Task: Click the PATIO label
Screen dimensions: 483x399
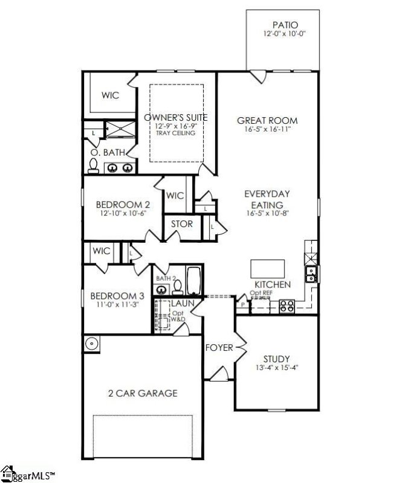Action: pyautogui.click(x=285, y=25)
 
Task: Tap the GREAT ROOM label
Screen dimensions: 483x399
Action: pyautogui.click(x=267, y=120)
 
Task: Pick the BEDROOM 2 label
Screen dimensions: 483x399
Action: pyautogui.click(x=120, y=205)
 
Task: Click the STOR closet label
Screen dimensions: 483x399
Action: pyautogui.click(x=181, y=224)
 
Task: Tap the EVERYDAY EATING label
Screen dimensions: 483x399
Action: pyautogui.click(x=267, y=199)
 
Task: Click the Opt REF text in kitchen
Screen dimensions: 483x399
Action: pyautogui.click(x=261, y=293)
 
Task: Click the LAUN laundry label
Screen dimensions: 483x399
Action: pyautogui.click(x=181, y=302)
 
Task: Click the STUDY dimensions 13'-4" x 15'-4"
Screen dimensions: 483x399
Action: pyautogui.click(x=277, y=367)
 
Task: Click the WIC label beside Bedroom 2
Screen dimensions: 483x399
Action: pyautogui.click(x=175, y=196)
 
